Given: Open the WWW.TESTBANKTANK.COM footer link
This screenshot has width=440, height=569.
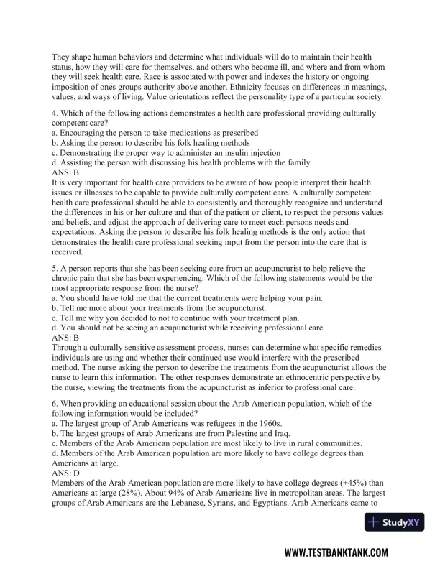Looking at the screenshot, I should coord(336,552).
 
